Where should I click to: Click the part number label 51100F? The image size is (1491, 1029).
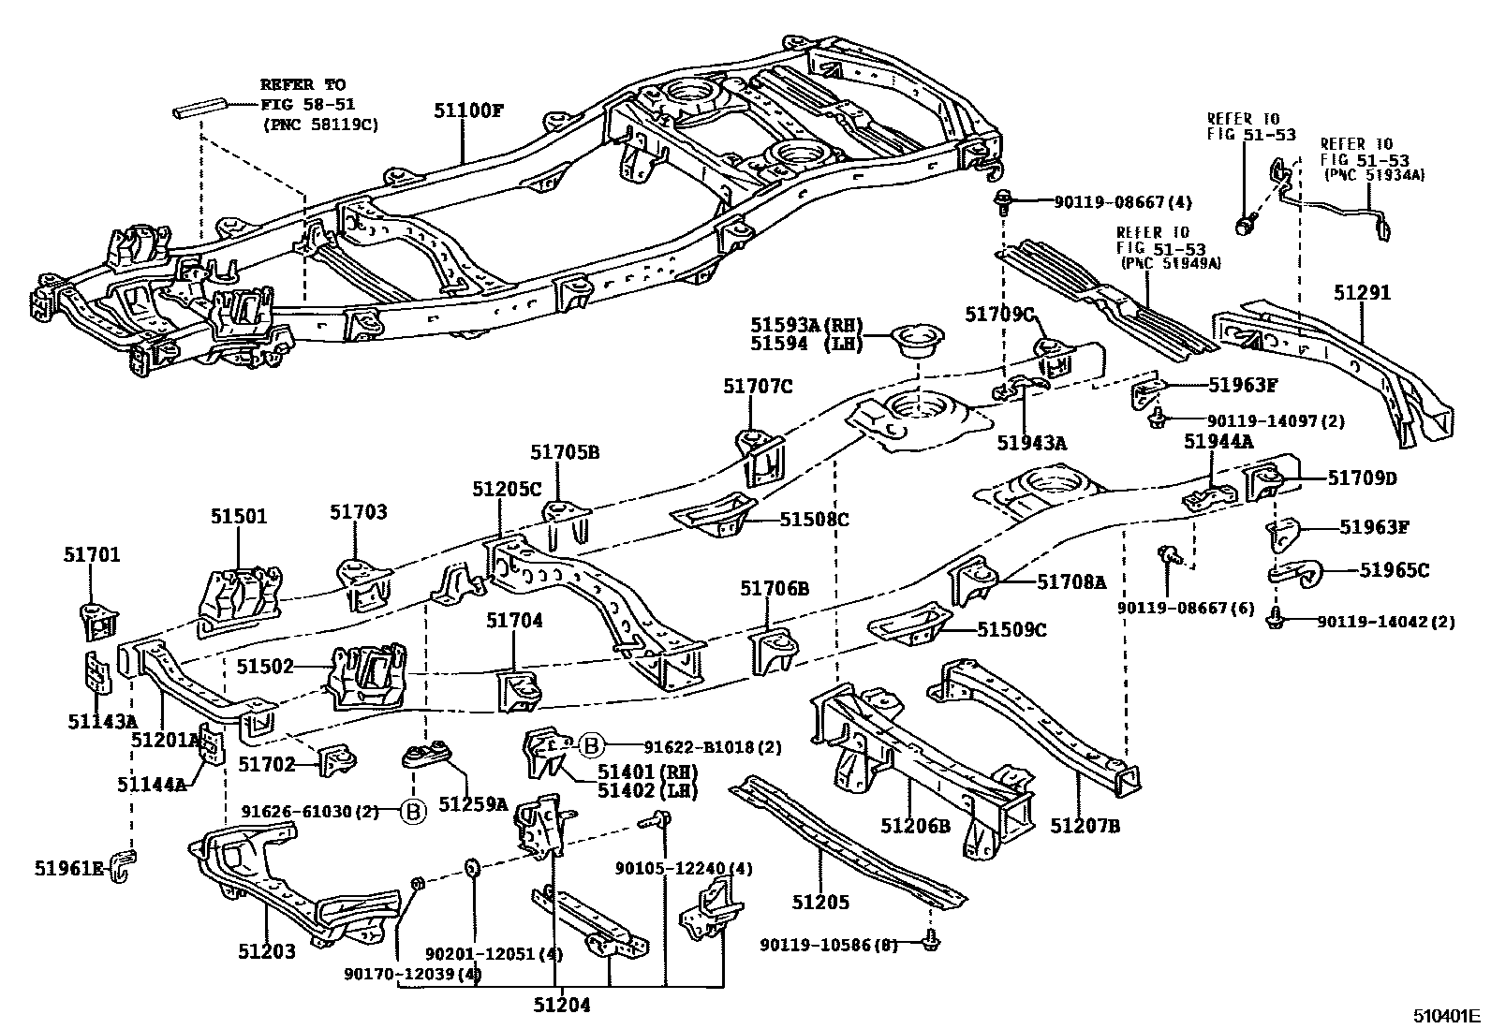click(x=467, y=110)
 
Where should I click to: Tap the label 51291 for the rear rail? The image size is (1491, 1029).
click(x=1363, y=292)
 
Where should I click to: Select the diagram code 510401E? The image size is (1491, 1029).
click(x=1446, y=1015)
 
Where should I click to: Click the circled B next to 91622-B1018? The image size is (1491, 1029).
click(x=591, y=746)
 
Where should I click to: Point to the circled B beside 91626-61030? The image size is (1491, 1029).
click(x=412, y=811)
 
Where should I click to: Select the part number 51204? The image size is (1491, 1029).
click(x=562, y=1007)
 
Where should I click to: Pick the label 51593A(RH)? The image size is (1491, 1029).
click(x=806, y=325)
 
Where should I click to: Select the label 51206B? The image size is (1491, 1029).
click(x=915, y=826)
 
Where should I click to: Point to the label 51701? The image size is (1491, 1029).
click(x=92, y=555)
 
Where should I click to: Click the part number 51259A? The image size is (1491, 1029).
click(x=473, y=803)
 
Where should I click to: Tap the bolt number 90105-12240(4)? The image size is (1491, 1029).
click(x=684, y=868)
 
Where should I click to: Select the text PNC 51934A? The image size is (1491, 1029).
click(x=1374, y=175)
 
